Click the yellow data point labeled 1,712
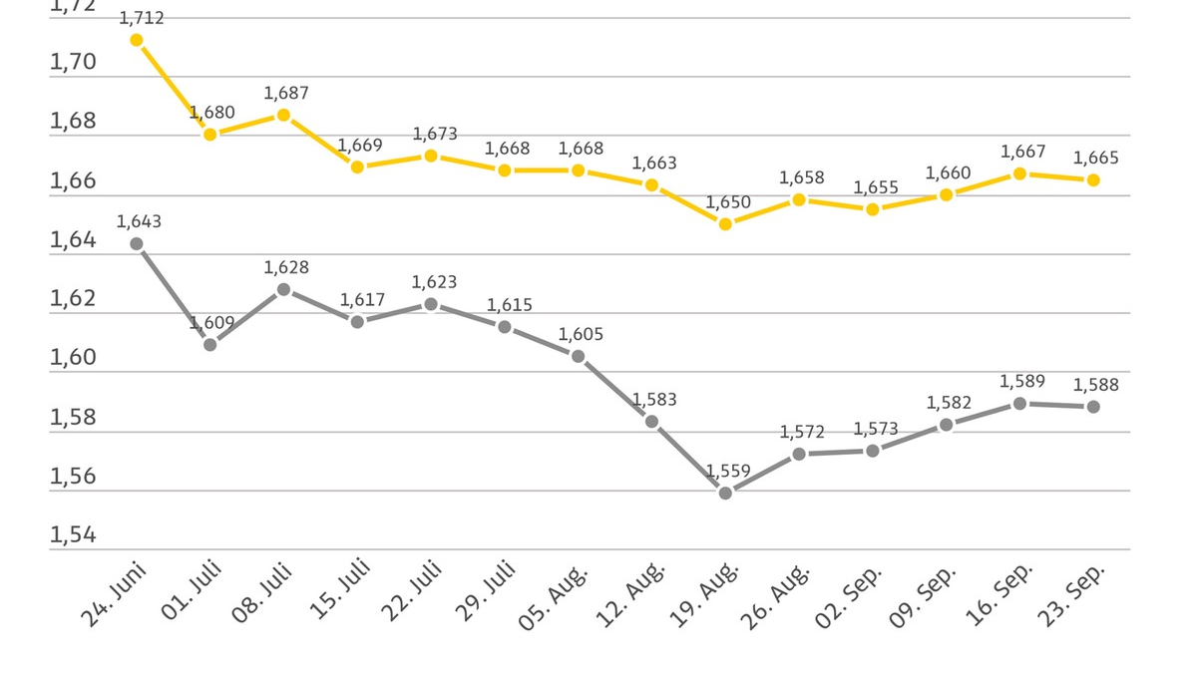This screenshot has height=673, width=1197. tap(136, 40)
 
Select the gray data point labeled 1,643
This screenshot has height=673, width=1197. tap(136, 243)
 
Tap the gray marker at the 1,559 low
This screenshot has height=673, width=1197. tap(725, 493)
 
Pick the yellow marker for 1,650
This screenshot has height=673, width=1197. tap(725, 224)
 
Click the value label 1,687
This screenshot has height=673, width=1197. tap(286, 93)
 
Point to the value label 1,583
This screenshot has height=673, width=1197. tap(654, 400)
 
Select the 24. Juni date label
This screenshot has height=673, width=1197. tap(113, 594)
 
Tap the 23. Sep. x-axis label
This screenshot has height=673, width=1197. tap(1072, 594)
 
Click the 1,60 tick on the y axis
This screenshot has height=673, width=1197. tap(73, 358)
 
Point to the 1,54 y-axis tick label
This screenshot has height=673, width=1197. tap(73, 535)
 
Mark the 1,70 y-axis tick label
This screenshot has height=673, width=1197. tap(73, 63)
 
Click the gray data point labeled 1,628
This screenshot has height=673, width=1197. tap(283, 289)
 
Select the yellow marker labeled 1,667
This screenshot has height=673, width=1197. tap(1019, 173)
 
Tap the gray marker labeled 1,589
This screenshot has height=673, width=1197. tap(1019, 403)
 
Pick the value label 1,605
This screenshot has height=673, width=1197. tap(581, 335)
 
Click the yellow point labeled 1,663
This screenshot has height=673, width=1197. tap(651, 184)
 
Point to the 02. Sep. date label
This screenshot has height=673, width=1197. tap(852, 595)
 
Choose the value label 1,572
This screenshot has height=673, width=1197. tap(802, 432)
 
